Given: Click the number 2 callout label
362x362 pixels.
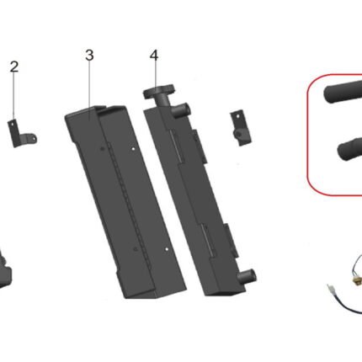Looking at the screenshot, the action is [14, 67].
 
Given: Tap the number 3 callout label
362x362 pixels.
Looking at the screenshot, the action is [89, 55].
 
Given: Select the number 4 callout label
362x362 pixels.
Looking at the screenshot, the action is [154, 56].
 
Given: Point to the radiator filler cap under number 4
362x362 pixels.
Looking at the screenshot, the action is [159, 92].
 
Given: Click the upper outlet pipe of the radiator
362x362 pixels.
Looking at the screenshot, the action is [183, 109].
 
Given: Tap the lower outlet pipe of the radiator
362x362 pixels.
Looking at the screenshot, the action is [247, 275].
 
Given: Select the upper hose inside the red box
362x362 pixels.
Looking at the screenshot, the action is [343, 93].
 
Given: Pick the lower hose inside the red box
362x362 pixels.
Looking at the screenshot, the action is [349, 148].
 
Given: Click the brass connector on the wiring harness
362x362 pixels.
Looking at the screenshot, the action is [357, 282].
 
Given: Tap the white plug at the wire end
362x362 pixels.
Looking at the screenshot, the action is [330, 290].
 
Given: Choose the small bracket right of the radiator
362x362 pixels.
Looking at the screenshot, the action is [240, 129].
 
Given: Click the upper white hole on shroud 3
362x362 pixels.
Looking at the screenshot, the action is [133, 149].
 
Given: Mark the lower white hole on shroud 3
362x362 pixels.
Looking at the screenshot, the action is [167, 249].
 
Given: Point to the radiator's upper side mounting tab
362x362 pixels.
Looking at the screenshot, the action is [200, 146].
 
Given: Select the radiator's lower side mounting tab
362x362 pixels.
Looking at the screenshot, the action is [232, 241].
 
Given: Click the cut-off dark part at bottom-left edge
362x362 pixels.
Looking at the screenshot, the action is [5, 268].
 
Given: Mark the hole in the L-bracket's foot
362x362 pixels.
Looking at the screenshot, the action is [34, 138].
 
